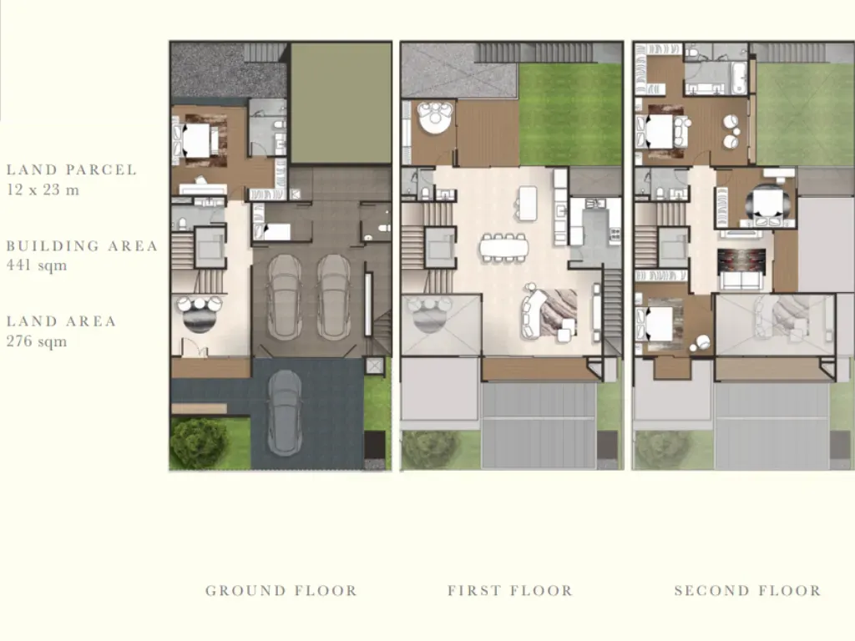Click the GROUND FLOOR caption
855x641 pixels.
pos(281,591)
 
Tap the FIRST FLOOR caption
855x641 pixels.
pos(510,591)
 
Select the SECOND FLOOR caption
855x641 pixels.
pos(747,591)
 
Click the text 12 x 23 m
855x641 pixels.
pos(43,190)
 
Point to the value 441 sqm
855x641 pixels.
pos(37,265)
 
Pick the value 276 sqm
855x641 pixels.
pos(37,341)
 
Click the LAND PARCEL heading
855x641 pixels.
pos(72,169)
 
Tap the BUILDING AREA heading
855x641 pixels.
pos(82,246)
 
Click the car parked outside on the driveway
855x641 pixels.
pos(285,412)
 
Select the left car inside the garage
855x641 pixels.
pos(284,298)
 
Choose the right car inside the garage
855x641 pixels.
pos(334,298)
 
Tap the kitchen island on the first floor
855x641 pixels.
pos(528,203)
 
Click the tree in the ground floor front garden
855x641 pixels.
pos(199,443)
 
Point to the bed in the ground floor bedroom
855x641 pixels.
pos(196,140)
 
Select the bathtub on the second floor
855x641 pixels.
pos(739,78)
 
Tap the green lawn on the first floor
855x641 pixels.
pos(570,114)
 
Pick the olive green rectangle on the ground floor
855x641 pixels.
pos(341,103)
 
